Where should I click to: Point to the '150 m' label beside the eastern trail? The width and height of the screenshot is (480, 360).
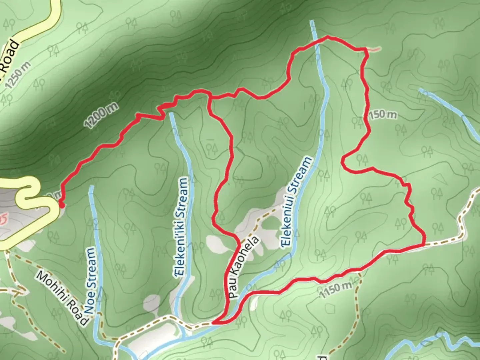tap(382, 114)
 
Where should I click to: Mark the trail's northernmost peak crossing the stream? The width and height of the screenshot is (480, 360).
tap(327, 37)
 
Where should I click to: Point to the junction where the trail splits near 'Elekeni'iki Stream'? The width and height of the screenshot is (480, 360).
tap(209, 97)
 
